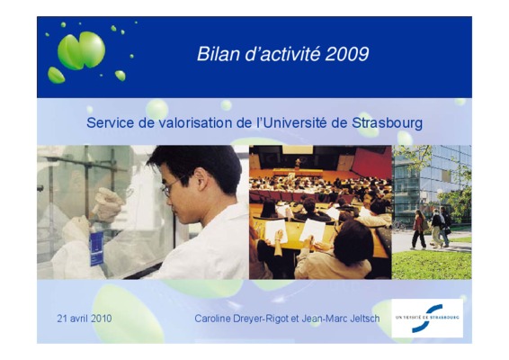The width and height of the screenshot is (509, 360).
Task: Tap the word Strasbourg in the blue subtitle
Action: tap(387, 122)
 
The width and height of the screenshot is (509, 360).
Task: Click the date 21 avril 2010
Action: tap(85, 318)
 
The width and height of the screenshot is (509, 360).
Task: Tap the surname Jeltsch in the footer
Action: tap(365, 319)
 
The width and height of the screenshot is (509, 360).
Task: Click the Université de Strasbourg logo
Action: tap(427, 318)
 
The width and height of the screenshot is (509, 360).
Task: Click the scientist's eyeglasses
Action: tap(171, 187)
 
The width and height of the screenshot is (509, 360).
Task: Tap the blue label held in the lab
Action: tap(96, 247)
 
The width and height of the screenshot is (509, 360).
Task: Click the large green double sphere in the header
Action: tap(82, 50)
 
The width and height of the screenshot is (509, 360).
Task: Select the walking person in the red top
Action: tap(419, 230)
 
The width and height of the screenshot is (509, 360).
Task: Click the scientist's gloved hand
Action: tap(107, 203)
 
